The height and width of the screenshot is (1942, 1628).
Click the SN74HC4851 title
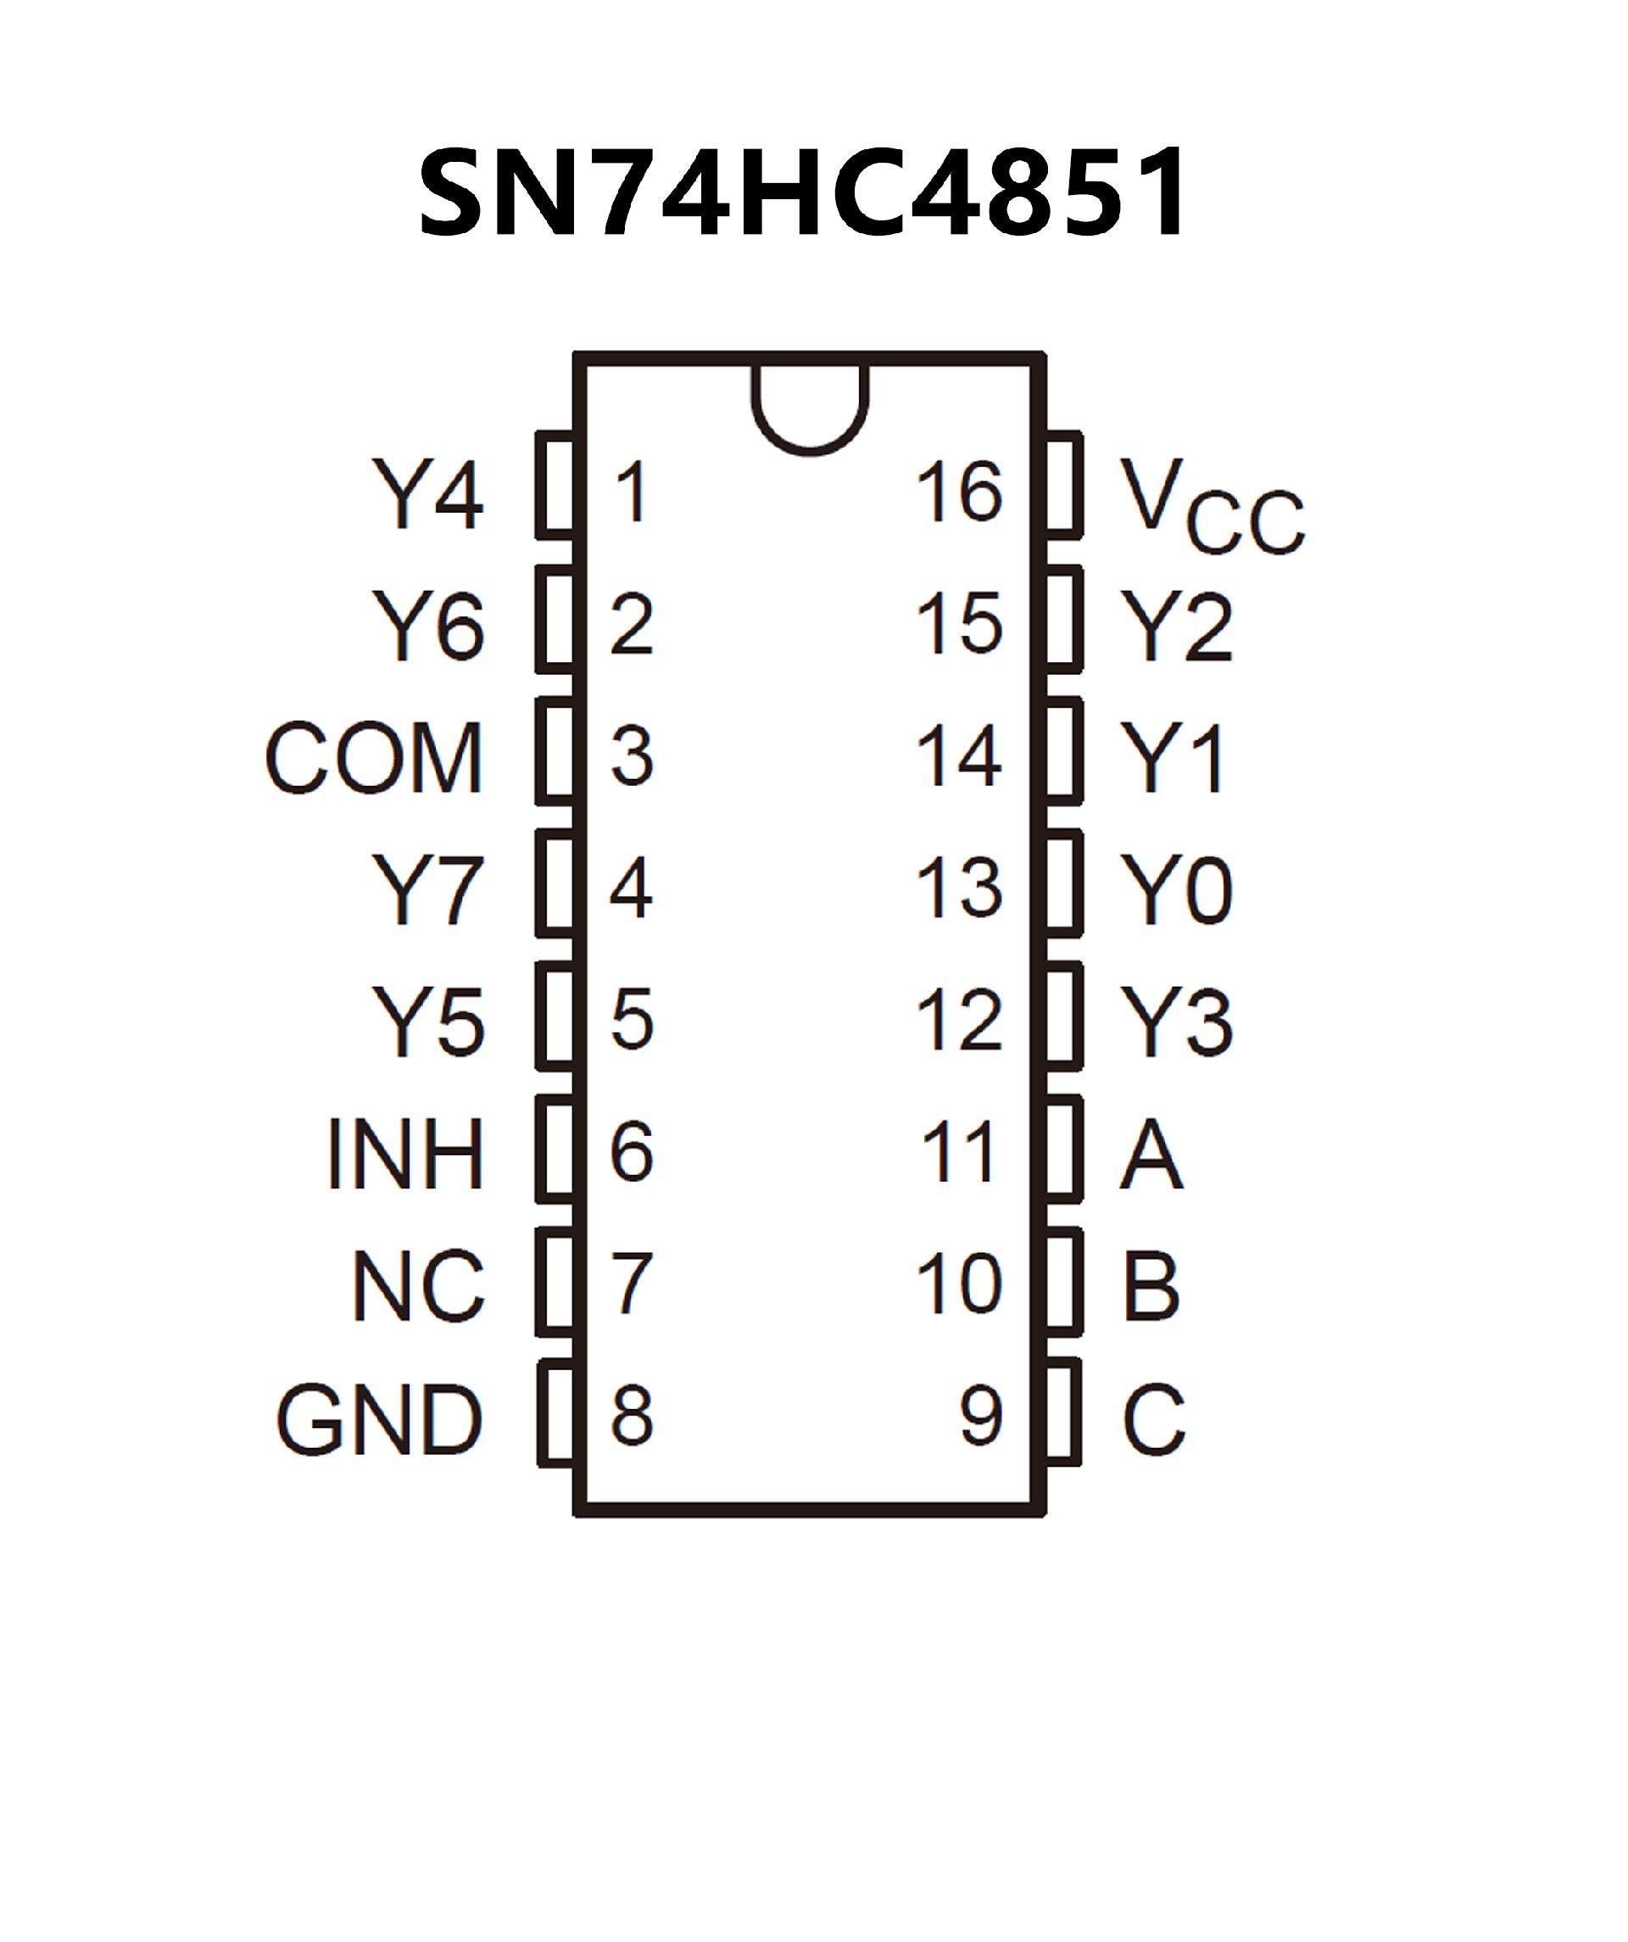tap(803, 194)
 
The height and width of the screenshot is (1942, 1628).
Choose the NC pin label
tap(418, 1287)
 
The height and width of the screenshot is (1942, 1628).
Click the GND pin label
tap(379, 1420)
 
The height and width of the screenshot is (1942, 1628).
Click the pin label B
tap(1151, 1287)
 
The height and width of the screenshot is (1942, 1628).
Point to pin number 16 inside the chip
tap(958, 492)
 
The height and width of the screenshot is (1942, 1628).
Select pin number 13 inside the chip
tap(958, 888)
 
